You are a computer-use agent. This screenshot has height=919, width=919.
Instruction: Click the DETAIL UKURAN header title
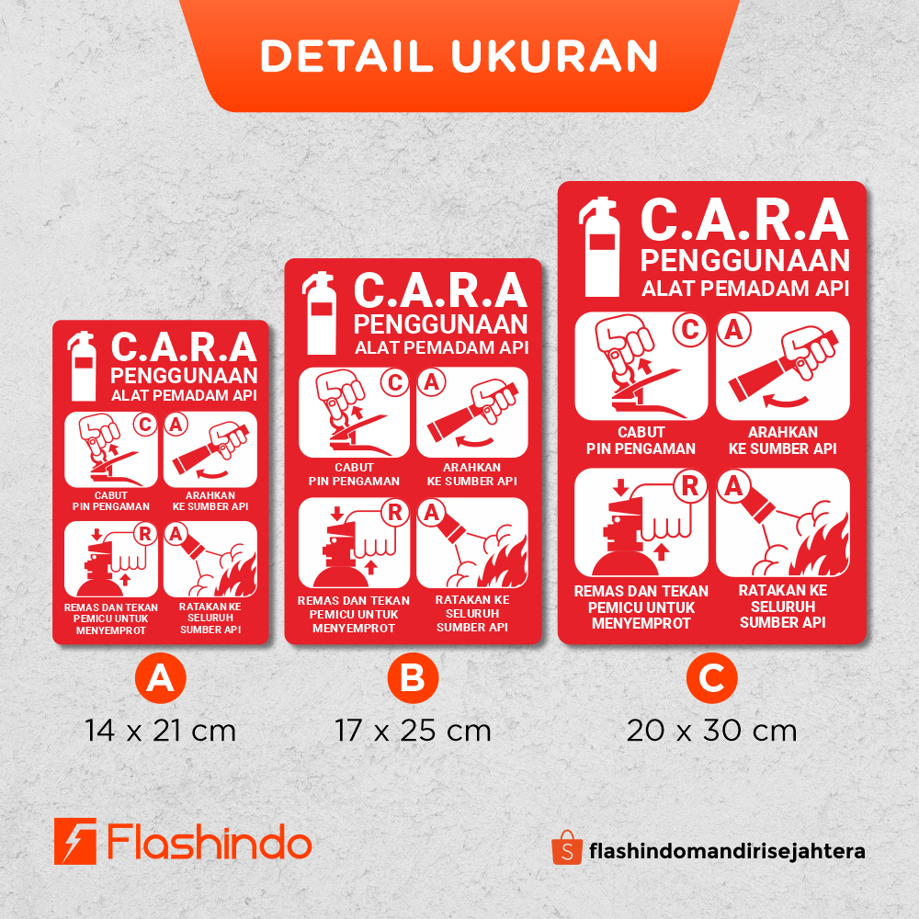point(459,56)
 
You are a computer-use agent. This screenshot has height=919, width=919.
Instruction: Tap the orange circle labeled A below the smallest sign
point(160,678)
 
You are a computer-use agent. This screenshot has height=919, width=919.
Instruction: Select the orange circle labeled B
point(413,678)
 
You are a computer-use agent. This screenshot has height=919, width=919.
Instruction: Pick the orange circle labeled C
point(711,678)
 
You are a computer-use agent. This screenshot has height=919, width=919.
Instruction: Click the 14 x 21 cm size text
point(160,731)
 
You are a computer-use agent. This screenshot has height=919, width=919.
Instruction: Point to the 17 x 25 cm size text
point(413,731)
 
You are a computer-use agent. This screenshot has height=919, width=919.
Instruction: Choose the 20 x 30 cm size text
point(711,731)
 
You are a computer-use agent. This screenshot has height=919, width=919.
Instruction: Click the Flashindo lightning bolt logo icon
point(75,841)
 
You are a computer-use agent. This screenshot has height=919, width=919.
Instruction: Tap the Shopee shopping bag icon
point(567,847)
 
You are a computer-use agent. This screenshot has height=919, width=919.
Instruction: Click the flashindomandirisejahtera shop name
point(727,850)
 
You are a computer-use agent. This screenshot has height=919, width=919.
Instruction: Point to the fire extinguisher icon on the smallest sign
point(82,367)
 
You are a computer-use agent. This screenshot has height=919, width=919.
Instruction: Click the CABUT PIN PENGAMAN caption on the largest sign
point(641,440)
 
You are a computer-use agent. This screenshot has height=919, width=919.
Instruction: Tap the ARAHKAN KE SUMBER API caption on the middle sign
point(471,474)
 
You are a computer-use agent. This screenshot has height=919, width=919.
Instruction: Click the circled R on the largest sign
point(690,486)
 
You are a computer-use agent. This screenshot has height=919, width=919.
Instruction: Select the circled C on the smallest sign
point(145,425)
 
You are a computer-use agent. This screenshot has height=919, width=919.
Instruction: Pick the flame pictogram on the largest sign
point(820,547)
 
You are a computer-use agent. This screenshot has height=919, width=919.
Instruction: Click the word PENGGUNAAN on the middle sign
point(441,324)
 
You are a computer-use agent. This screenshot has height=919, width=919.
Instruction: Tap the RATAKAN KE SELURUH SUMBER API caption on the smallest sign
point(210,618)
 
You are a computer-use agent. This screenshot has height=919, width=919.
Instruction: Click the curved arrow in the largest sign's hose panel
point(786,402)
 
